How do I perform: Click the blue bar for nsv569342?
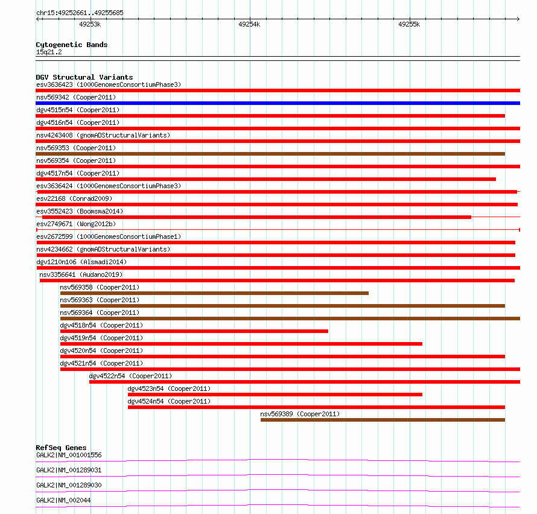(x=278, y=103)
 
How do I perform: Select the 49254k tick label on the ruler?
(x=249, y=24)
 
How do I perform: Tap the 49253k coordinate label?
(x=90, y=24)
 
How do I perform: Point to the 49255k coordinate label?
(x=409, y=24)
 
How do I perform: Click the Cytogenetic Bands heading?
(x=72, y=45)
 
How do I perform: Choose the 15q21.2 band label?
(x=49, y=52)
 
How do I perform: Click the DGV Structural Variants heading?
(x=84, y=77)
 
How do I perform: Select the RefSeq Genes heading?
(x=61, y=448)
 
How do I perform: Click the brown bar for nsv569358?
(x=214, y=293)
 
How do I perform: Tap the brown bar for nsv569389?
(x=383, y=420)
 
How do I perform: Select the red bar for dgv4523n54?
(x=275, y=395)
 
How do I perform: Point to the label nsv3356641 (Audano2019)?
(x=83, y=274)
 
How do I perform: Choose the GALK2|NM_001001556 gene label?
(x=69, y=455)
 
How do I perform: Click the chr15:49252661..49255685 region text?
(x=80, y=13)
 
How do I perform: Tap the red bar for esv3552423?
(x=253, y=217)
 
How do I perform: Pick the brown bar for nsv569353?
(x=270, y=154)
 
